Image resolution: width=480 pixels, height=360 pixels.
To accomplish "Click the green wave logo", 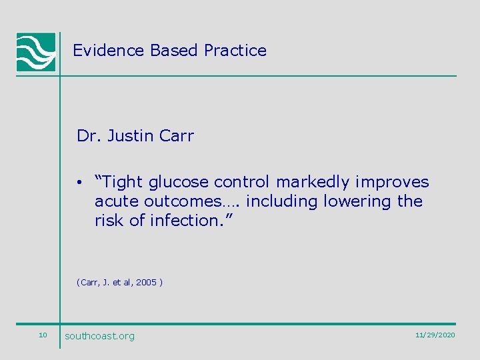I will pyautogui.click(x=36, y=52).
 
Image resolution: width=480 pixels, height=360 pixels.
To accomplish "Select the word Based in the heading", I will pyautogui.click(x=175, y=51).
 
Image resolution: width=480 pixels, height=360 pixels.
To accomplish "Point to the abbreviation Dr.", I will pyautogui.click(x=87, y=136).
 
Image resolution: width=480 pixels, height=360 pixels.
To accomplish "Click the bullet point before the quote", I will pyautogui.click(x=79, y=183).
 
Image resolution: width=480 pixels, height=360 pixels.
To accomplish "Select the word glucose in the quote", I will pyautogui.click(x=169, y=182).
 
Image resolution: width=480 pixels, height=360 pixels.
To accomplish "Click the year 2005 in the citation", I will pyautogui.click(x=146, y=283).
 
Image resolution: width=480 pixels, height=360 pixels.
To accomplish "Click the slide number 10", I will pyautogui.click(x=43, y=335).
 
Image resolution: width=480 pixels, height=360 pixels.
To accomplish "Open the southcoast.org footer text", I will pyautogui.click(x=99, y=336).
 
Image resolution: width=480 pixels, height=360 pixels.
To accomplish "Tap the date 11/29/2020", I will pyautogui.click(x=435, y=335).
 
